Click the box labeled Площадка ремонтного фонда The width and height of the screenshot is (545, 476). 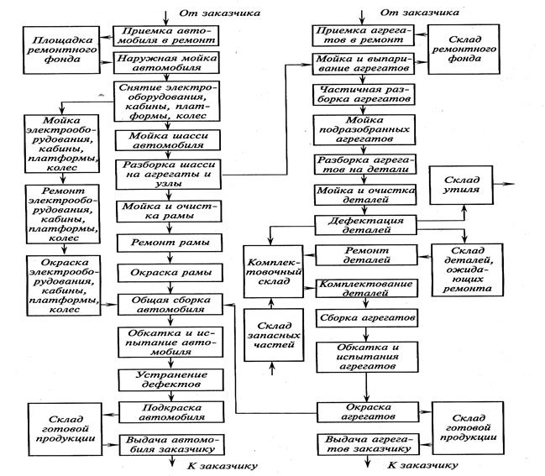(x=61, y=50)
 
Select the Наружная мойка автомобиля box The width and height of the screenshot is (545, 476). (x=166, y=63)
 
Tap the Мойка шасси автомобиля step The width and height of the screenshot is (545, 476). (x=168, y=140)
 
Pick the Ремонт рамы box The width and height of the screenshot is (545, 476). (x=170, y=243)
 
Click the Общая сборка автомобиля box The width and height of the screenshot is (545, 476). (x=170, y=305)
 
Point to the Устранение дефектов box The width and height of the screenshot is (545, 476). (x=171, y=379)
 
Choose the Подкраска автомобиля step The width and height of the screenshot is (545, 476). (x=171, y=412)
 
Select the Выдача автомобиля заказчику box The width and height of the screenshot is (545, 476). (x=171, y=445)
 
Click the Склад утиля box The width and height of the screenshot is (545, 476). (x=461, y=185)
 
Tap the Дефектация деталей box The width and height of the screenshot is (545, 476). (x=365, y=225)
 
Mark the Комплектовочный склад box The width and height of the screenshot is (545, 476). (x=274, y=272)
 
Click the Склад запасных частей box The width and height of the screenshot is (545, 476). (x=274, y=335)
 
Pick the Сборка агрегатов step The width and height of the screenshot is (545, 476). (x=367, y=318)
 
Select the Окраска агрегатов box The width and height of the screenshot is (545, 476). (x=368, y=412)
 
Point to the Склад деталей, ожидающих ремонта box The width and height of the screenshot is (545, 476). (x=468, y=269)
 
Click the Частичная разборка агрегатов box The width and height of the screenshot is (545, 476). (x=364, y=95)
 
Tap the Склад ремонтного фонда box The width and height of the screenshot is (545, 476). (x=464, y=49)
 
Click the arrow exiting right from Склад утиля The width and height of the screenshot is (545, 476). (x=504, y=184)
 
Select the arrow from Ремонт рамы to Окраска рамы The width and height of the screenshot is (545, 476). (x=170, y=259)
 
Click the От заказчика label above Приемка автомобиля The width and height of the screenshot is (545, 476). (x=220, y=13)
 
